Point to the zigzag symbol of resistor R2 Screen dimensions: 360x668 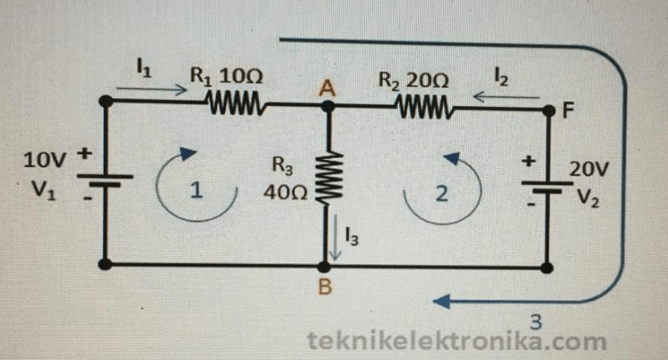424,107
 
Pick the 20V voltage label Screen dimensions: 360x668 589,170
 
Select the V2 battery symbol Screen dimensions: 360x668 547,184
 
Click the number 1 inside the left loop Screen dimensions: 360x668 195,191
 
